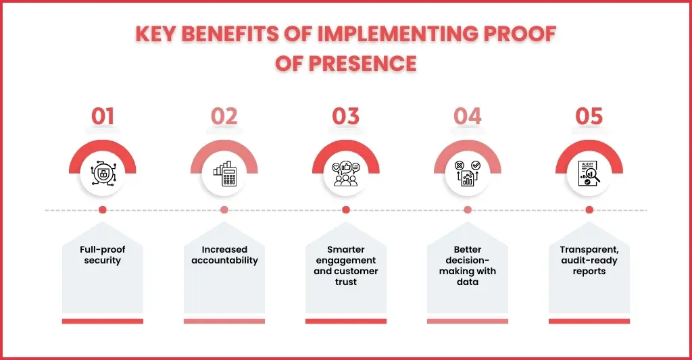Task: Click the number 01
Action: (x=103, y=116)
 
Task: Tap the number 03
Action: (x=346, y=116)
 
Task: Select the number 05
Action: (x=589, y=116)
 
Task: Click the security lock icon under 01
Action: (x=103, y=173)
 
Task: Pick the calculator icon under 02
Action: (x=224, y=173)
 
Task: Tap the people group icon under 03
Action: (x=346, y=174)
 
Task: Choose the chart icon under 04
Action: (x=468, y=173)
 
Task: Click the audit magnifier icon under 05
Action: (x=589, y=173)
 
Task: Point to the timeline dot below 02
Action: (x=224, y=210)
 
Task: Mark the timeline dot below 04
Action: (x=468, y=210)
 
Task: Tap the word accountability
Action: (x=224, y=261)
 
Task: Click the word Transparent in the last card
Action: (x=589, y=250)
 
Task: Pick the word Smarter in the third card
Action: (x=346, y=250)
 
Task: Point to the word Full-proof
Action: (x=103, y=250)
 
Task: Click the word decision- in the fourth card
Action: (x=468, y=260)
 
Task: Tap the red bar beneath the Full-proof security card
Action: (x=103, y=322)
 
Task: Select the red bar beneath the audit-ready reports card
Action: (x=589, y=322)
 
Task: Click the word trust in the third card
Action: (x=346, y=282)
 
